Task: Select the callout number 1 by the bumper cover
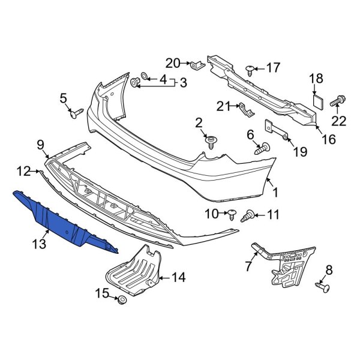pyautogui.click(x=275, y=193)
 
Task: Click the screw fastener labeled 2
pyautogui.click(x=211, y=142)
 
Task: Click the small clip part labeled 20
pyautogui.click(x=195, y=64)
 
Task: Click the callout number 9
pyautogui.click(x=40, y=144)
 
